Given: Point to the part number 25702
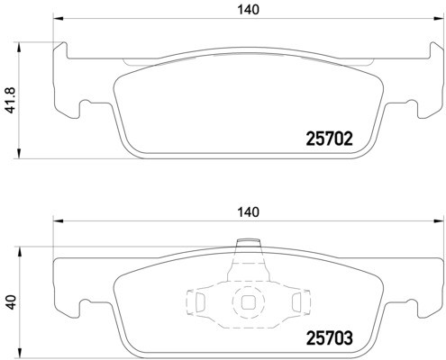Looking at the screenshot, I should [325, 139].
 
